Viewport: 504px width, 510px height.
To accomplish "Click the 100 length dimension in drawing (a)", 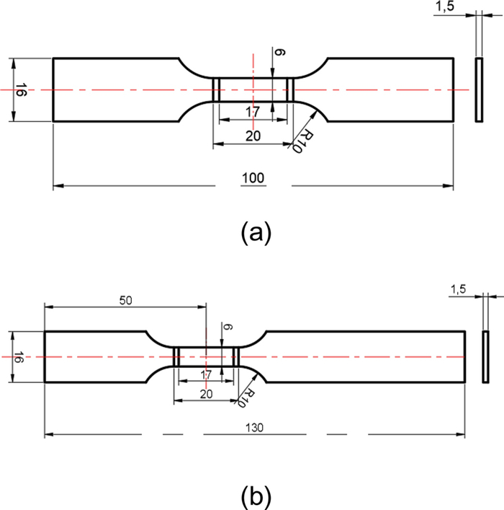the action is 253,178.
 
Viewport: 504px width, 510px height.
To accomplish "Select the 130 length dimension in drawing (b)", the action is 254,428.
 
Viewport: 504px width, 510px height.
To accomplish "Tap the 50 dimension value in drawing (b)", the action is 126,301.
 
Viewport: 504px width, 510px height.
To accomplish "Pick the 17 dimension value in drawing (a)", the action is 253,112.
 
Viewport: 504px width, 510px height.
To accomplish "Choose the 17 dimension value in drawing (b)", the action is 206,374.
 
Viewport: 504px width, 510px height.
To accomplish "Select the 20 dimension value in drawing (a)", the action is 253,136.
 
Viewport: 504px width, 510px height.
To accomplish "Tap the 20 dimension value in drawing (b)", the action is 206,394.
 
